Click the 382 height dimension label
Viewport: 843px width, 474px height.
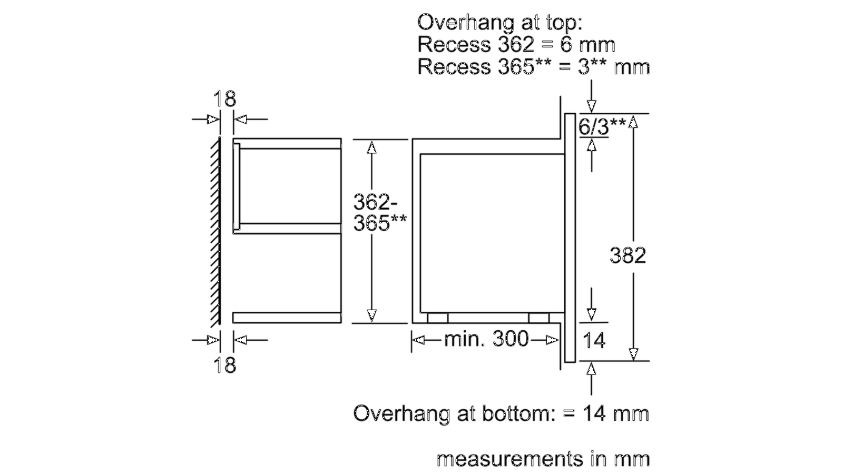coord(628,255)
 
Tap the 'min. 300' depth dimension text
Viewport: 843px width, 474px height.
coord(486,339)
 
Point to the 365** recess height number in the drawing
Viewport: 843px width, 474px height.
coord(379,223)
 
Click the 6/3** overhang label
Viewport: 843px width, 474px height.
coord(602,126)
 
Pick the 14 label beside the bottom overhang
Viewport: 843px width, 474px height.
coord(594,341)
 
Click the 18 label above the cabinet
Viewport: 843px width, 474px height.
coord(224,99)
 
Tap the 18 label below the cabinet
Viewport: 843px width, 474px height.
coord(224,365)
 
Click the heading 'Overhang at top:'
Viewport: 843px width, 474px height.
coord(499,22)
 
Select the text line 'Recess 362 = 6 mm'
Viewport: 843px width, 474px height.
coord(516,44)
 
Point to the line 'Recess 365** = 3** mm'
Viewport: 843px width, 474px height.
coord(533,67)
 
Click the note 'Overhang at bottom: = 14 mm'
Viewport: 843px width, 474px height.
coord(501,413)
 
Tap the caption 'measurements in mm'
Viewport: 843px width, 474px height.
coord(543,459)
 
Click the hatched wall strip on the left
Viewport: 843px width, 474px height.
coord(215,231)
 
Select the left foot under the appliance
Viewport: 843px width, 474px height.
coord(437,318)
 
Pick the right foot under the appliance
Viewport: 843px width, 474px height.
coord(538,318)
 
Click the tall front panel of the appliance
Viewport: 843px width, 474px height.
coord(570,237)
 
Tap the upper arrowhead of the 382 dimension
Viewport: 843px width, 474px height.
coord(633,122)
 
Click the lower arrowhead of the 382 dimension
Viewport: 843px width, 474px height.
coord(633,353)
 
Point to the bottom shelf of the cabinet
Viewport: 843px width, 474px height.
coord(287,318)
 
